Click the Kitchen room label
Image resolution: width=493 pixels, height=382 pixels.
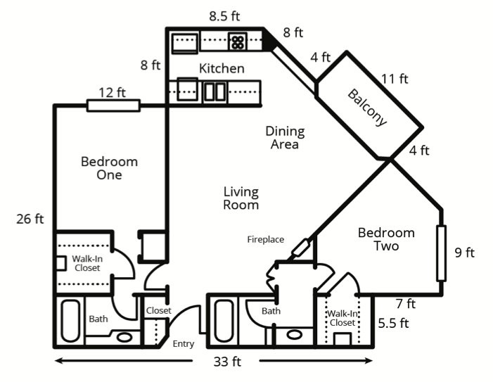coord(222,68)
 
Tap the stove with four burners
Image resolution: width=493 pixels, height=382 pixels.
coord(238,42)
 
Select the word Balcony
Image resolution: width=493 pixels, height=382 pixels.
coord(367,108)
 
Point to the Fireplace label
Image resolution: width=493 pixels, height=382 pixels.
coord(266,240)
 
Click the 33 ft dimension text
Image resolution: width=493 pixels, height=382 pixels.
coord(227,362)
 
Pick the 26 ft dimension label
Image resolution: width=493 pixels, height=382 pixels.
coord(30,219)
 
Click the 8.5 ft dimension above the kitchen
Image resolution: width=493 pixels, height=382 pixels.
coord(224,16)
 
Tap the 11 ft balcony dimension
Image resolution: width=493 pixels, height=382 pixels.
coord(395,79)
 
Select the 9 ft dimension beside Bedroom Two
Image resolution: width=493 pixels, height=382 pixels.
coord(464,253)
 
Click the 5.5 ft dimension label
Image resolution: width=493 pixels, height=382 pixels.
coord(393,323)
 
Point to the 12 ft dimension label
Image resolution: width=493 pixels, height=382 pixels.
coord(113,92)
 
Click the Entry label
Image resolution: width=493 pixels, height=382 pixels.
coord(184,344)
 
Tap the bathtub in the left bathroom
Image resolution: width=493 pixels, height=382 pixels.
coord(70,321)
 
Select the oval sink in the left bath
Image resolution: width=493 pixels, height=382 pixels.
coord(124,338)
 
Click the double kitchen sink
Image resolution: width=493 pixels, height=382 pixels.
coord(215,91)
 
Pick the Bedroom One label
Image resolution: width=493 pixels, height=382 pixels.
coord(110,168)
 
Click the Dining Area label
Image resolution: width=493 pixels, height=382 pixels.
coord(285,138)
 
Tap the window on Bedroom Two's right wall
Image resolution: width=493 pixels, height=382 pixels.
coord(442,253)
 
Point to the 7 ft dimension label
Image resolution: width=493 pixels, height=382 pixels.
coord(406,304)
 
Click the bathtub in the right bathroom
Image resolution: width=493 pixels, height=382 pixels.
coord(224,321)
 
